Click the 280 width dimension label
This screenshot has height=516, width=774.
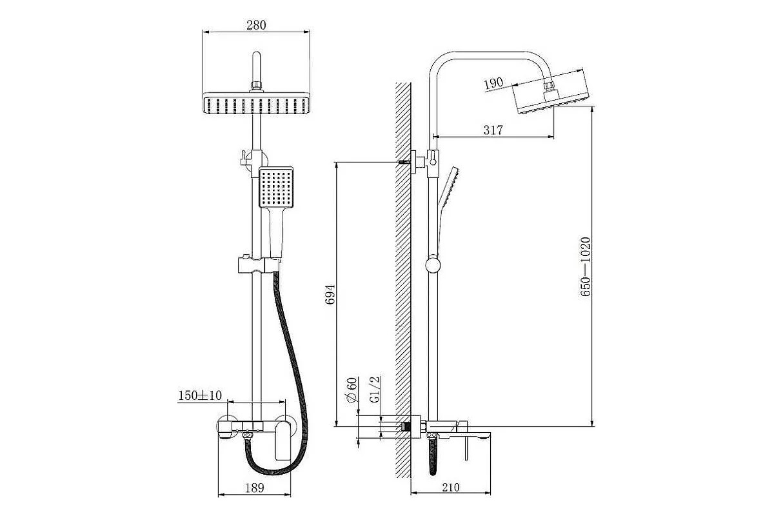click(x=256, y=25)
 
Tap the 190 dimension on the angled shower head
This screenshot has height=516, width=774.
click(x=493, y=84)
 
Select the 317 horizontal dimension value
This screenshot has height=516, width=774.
click(x=493, y=130)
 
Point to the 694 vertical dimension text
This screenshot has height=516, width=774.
click(x=331, y=295)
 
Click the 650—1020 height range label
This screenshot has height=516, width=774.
click(x=586, y=266)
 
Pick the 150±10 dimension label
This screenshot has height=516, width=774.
click(x=200, y=395)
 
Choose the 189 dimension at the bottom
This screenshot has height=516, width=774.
click(x=255, y=488)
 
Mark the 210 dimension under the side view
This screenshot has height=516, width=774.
click(x=451, y=488)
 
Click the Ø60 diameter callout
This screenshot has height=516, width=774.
click(x=352, y=390)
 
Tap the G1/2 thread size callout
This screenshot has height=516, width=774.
click(x=375, y=389)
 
